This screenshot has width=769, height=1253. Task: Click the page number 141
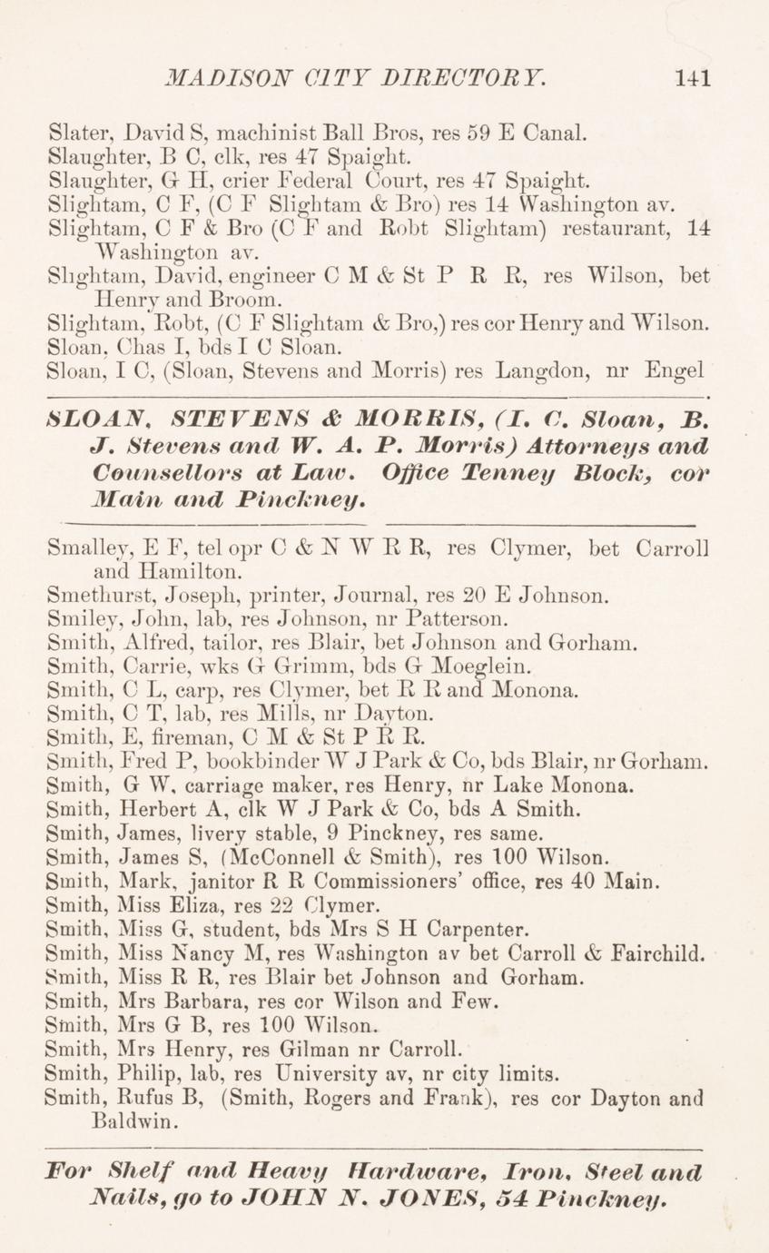(691, 79)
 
